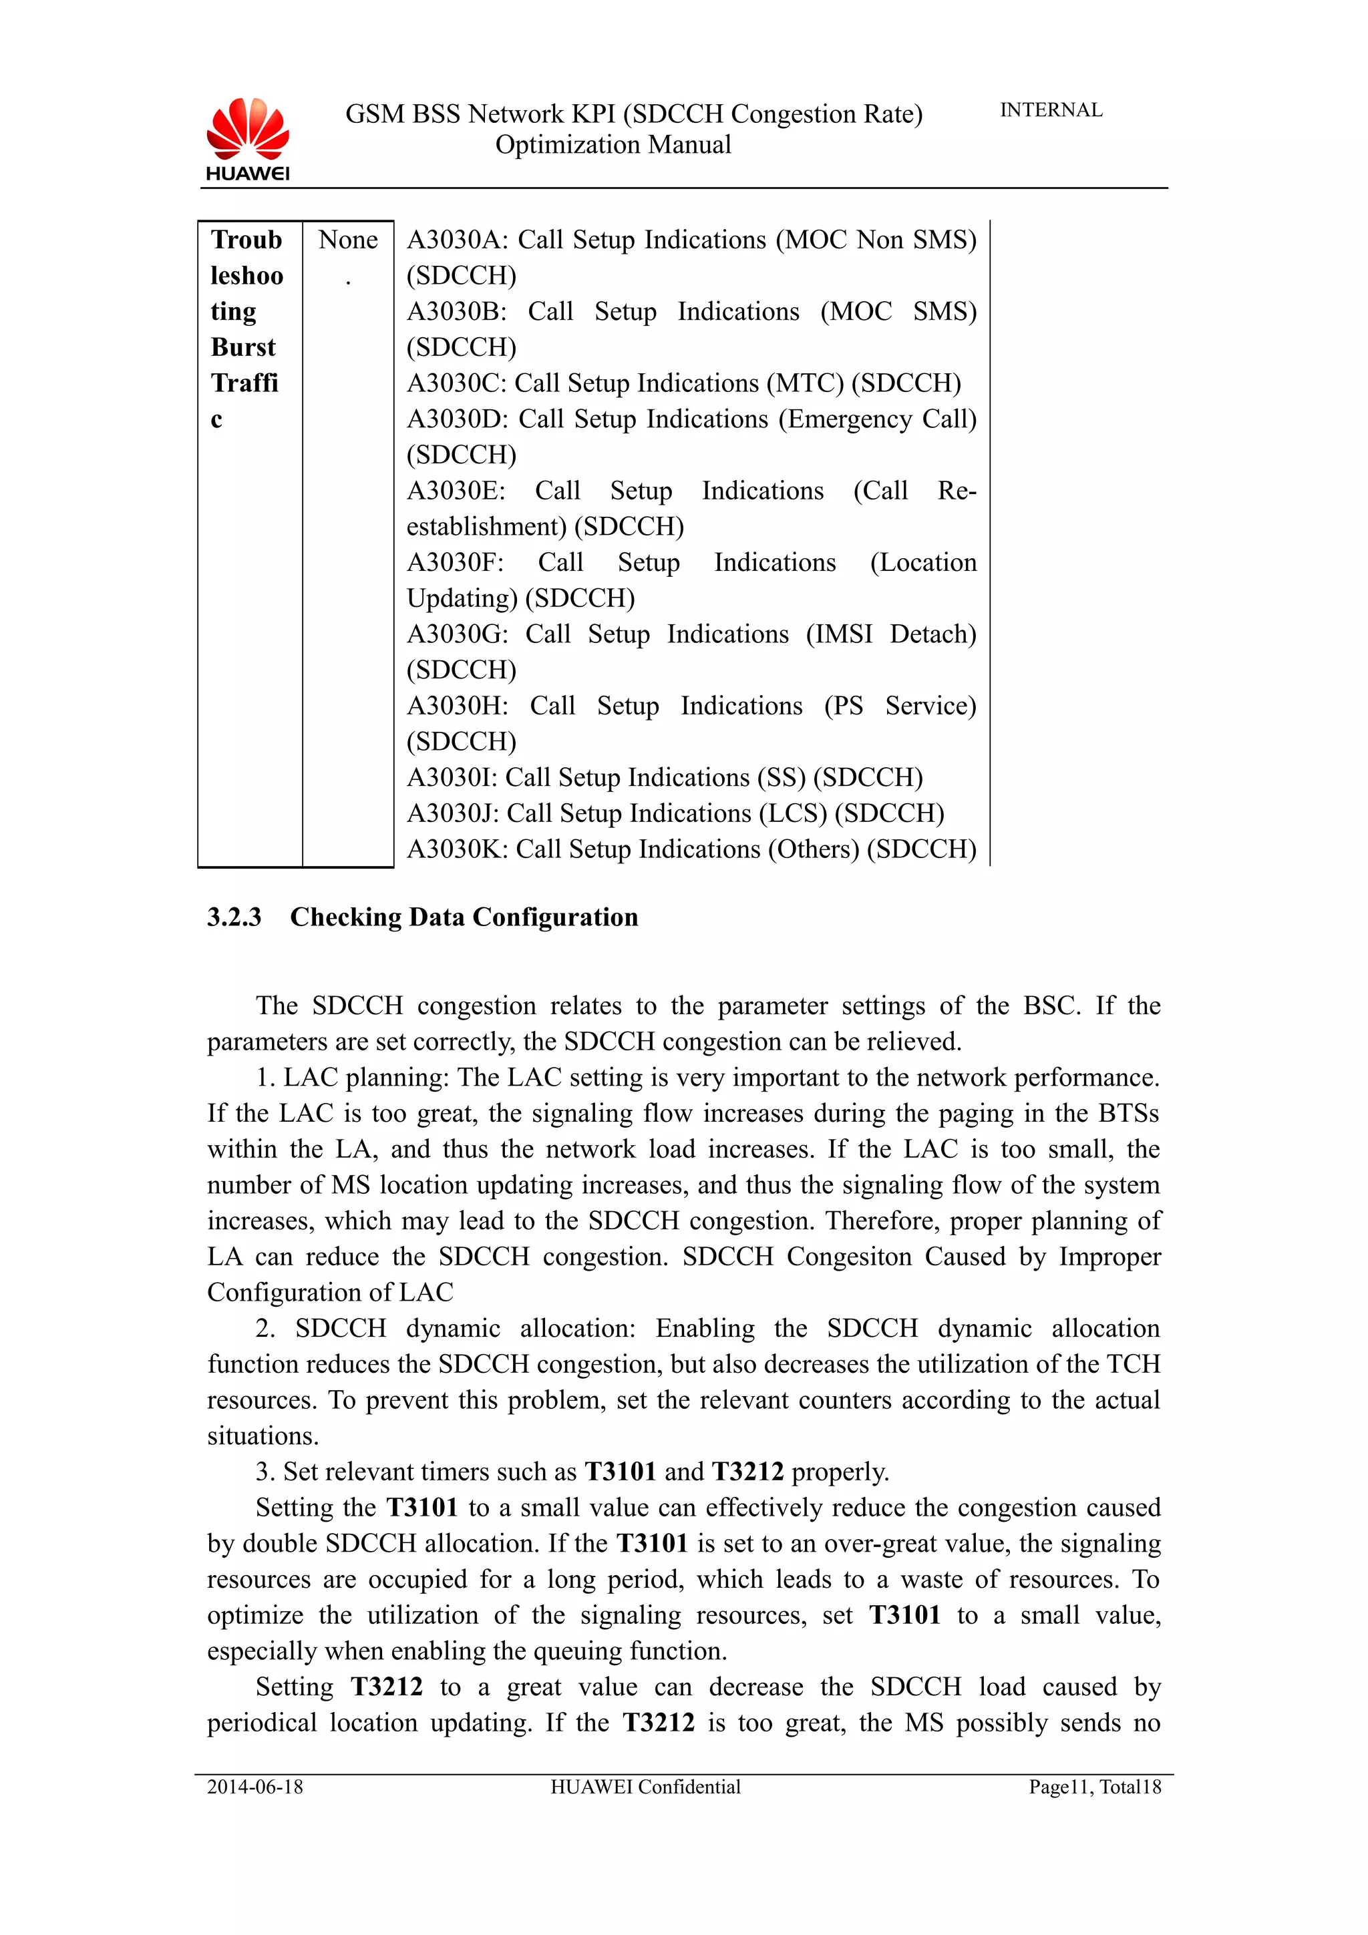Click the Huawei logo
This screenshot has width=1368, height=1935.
247,138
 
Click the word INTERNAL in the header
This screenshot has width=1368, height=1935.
1050,110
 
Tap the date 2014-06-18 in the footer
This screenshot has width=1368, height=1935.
254,1787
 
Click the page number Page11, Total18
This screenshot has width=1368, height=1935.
1094,1787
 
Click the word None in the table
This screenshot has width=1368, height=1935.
347,240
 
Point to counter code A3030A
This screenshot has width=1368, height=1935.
455,240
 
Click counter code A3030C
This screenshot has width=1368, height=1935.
454,383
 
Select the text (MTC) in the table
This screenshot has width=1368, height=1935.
805,383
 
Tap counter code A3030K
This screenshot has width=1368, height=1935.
455,849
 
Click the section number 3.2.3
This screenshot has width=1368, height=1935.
234,917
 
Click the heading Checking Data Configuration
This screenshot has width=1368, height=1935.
464,917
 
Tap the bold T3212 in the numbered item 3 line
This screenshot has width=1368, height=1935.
747,1472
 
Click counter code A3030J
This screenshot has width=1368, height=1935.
451,813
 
